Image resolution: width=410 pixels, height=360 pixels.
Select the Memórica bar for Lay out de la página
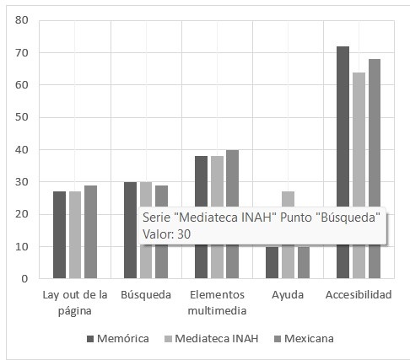59,234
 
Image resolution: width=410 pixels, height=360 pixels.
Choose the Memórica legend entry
118,339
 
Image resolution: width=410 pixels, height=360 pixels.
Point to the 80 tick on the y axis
22,20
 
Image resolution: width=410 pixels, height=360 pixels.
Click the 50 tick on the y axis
22,117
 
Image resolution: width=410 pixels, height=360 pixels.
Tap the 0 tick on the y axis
24,278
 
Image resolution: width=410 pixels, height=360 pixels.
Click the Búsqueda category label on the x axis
146,295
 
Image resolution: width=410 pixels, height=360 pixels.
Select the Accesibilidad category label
359,295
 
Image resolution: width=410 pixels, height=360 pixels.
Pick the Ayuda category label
288,295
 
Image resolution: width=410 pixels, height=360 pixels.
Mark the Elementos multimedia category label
217,302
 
